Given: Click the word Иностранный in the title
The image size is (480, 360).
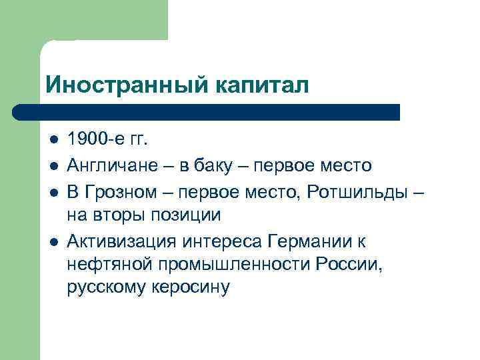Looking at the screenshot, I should tap(127, 85).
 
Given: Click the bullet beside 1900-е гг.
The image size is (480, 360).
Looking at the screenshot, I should tap(54, 140).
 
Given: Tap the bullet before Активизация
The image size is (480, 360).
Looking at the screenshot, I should tap(54, 239).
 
